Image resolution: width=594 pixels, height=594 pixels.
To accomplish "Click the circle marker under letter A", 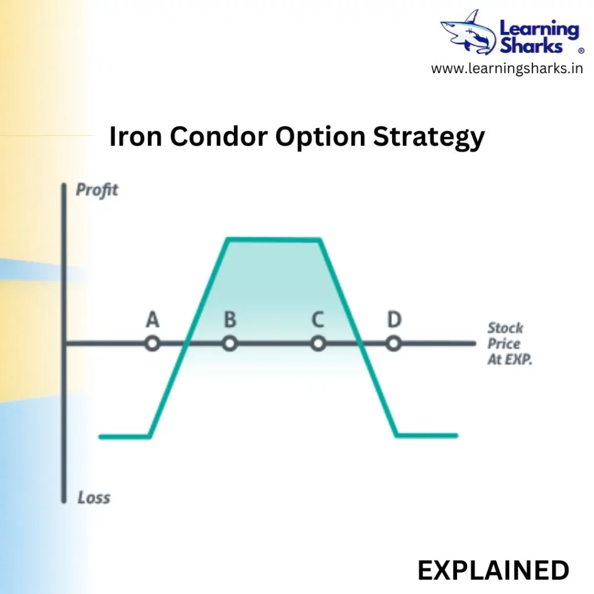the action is [x=153, y=343].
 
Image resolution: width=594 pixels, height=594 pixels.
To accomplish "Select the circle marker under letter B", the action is [x=230, y=343].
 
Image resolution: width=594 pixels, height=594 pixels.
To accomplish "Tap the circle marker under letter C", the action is [x=318, y=343].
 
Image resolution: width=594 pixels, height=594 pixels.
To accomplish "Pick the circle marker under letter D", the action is [x=394, y=343].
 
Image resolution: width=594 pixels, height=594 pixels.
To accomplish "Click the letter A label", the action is [x=153, y=319].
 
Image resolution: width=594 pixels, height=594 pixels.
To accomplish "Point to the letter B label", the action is [x=230, y=319].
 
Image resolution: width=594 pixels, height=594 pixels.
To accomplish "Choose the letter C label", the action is [x=318, y=319].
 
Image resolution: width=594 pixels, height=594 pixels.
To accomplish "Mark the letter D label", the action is [x=394, y=319].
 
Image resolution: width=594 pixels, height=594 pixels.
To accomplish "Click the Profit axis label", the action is [x=97, y=190].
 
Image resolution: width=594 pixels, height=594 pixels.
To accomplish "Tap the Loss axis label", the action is [x=94, y=497].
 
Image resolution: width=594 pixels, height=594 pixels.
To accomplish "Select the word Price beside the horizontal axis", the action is [x=504, y=343].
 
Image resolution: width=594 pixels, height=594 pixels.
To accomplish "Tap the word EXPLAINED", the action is [x=493, y=570].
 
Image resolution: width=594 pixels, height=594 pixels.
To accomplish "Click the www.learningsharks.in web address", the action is [x=507, y=68].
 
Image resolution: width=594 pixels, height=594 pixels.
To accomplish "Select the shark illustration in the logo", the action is [x=468, y=32].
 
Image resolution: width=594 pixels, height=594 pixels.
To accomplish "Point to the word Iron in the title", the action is [x=136, y=136].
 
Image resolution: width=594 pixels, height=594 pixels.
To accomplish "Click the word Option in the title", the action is [x=320, y=137].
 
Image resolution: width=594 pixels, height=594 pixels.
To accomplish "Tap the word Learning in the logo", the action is [x=539, y=30].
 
